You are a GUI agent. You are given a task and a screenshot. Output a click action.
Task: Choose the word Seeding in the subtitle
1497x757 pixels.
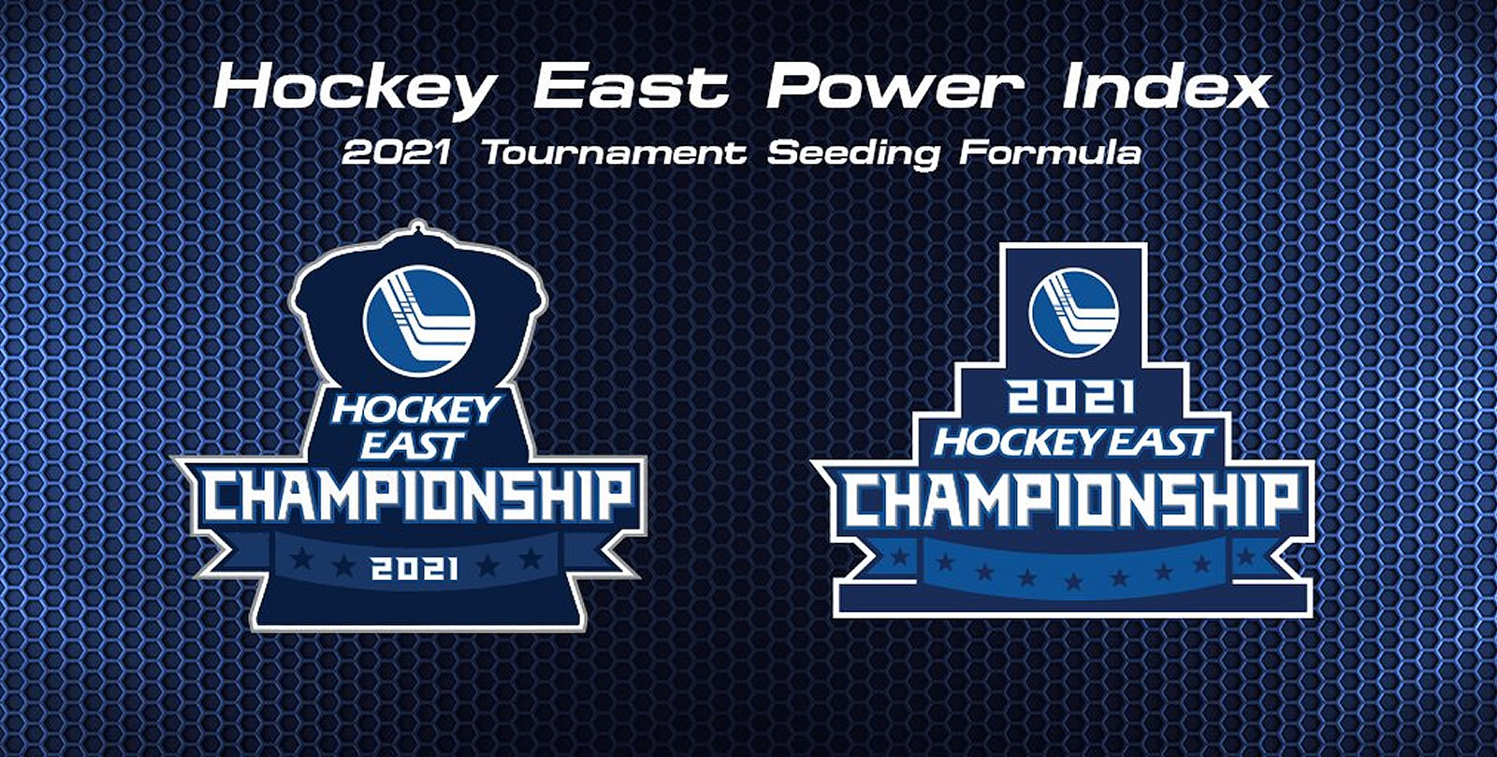852,153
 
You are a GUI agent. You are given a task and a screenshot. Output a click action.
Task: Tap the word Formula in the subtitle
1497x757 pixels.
1050,153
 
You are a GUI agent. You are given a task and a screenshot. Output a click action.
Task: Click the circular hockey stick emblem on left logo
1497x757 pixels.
418,327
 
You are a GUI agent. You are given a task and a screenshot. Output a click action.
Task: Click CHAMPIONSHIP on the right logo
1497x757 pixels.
1072,503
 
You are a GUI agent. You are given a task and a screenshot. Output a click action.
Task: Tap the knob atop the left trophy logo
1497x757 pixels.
418,228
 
